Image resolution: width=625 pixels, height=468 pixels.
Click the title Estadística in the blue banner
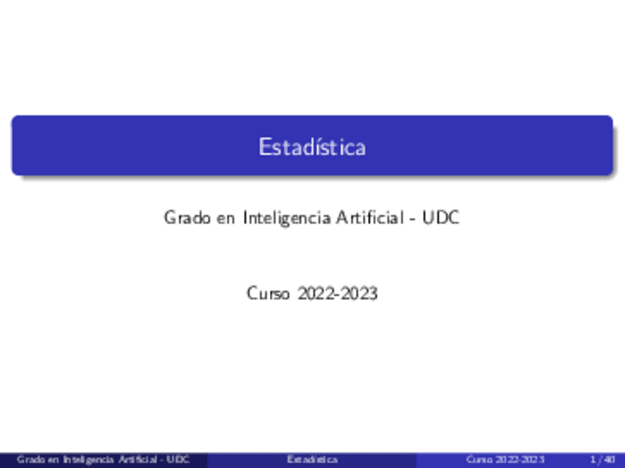pyautogui.click(x=312, y=147)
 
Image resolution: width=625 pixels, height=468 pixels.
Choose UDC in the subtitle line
pyautogui.click(x=441, y=218)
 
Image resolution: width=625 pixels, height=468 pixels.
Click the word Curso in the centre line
pyautogui.click(x=268, y=293)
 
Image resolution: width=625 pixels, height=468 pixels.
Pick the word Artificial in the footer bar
pyautogui.click(x=133, y=459)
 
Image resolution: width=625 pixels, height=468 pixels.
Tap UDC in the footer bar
pyautogui.click(x=178, y=459)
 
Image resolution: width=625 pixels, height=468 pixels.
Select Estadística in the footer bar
pyautogui.click(x=312, y=459)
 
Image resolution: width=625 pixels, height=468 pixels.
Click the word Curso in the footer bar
pyautogui.click(x=479, y=459)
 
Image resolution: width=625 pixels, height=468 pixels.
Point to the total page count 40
pyautogui.click(x=609, y=459)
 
